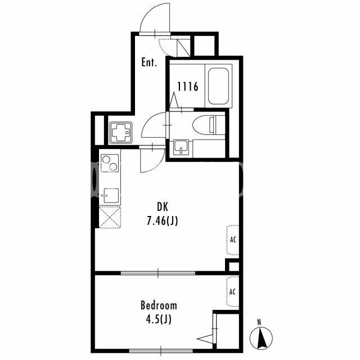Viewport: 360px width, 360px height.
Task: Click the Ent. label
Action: pos(149,62)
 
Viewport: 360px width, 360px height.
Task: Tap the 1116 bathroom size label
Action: pos(188,87)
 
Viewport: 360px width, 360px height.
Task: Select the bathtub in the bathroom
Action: pos(218,86)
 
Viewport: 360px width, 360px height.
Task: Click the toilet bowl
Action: pos(209,125)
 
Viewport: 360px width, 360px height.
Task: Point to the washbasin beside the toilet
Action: pos(181,147)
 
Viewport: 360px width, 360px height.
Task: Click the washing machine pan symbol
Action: pos(120,133)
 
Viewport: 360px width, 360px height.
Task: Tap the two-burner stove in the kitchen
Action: pos(110,163)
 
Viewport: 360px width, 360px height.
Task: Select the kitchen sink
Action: pos(111,196)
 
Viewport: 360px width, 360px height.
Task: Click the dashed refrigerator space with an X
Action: pos(110,217)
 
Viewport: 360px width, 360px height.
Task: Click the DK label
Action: pos(163,207)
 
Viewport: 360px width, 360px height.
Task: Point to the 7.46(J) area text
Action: pos(163,221)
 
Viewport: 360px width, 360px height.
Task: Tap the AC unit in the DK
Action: pos(233,240)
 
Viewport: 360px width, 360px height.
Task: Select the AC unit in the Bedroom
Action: pos(232,291)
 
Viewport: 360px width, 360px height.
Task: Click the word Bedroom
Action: pos(159,305)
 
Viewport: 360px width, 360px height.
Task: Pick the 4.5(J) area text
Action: pos(159,319)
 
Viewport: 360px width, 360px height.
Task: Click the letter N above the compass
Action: pos(259,322)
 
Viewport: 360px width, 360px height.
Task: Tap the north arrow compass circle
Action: pos(261,338)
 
